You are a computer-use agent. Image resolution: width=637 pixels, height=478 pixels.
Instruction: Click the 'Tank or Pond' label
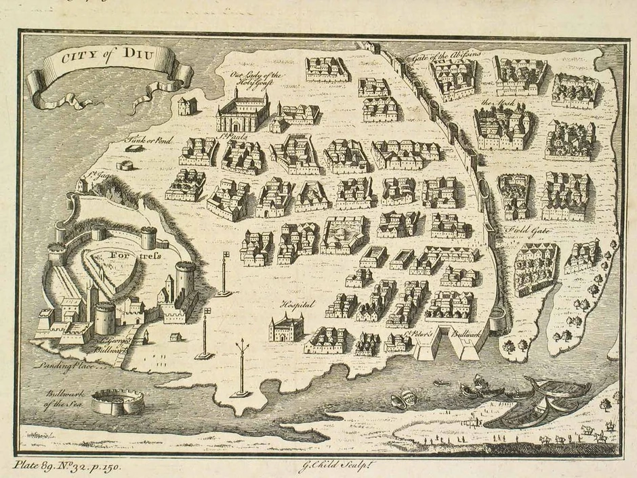click(149, 140)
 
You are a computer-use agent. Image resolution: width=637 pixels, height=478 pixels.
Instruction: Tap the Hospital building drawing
click(286, 328)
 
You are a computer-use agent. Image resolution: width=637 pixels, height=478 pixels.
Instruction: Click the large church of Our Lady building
click(243, 112)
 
